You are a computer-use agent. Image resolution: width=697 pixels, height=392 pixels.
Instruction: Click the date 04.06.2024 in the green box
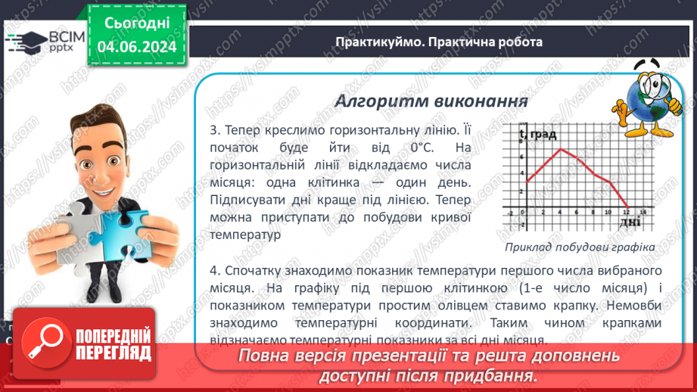(x=136, y=47)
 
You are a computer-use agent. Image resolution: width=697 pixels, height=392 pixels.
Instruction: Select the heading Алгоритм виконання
(x=431, y=101)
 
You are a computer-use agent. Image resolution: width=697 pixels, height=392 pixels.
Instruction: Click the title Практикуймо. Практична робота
(x=439, y=42)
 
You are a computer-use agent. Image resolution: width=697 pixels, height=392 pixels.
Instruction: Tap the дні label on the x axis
(x=630, y=222)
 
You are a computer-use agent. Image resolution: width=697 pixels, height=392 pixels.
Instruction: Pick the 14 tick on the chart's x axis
(x=643, y=213)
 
